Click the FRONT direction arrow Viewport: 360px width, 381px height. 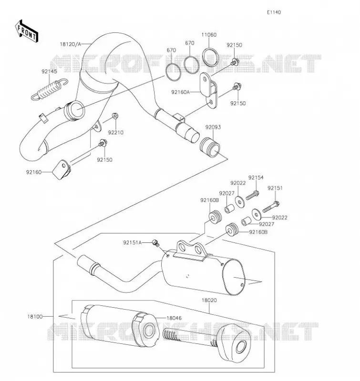(x=26, y=31)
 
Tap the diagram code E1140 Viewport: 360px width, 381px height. (x=274, y=12)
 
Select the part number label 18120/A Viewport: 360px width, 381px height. (x=70, y=44)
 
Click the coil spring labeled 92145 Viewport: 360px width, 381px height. (x=50, y=89)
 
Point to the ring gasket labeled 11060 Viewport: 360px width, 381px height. (x=211, y=57)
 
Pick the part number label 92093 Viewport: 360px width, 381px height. (x=213, y=127)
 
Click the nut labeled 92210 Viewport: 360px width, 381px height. (x=115, y=116)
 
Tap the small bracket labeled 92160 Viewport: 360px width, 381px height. (x=62, y=170)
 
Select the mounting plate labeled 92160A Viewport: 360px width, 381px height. (x=208, y=90)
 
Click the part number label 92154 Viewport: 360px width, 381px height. (x=256, y=178)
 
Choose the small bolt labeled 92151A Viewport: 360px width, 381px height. (x=155, y=242)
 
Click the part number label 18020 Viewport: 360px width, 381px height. (x=209, y=301)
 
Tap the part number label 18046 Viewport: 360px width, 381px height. (x=174, y=318)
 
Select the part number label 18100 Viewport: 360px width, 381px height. (x=35, y=317)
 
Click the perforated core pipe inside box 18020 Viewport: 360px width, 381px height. (x=190, y=337)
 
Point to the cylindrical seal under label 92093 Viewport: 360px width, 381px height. (x=210, y=148)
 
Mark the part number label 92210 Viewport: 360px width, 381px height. (x=116, y=133)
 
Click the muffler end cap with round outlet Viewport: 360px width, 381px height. (x=233, y=344)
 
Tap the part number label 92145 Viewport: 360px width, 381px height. (x=50, y=71)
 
